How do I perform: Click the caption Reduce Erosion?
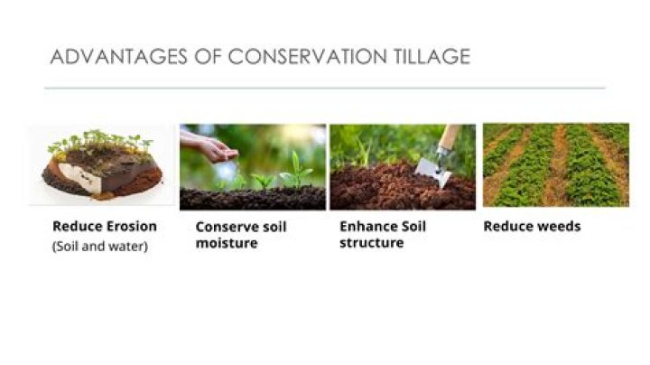105,226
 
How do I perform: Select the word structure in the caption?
371,243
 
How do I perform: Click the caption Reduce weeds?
532,226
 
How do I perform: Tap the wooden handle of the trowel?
448,138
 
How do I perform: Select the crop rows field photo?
555,164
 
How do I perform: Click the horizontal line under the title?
325,88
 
